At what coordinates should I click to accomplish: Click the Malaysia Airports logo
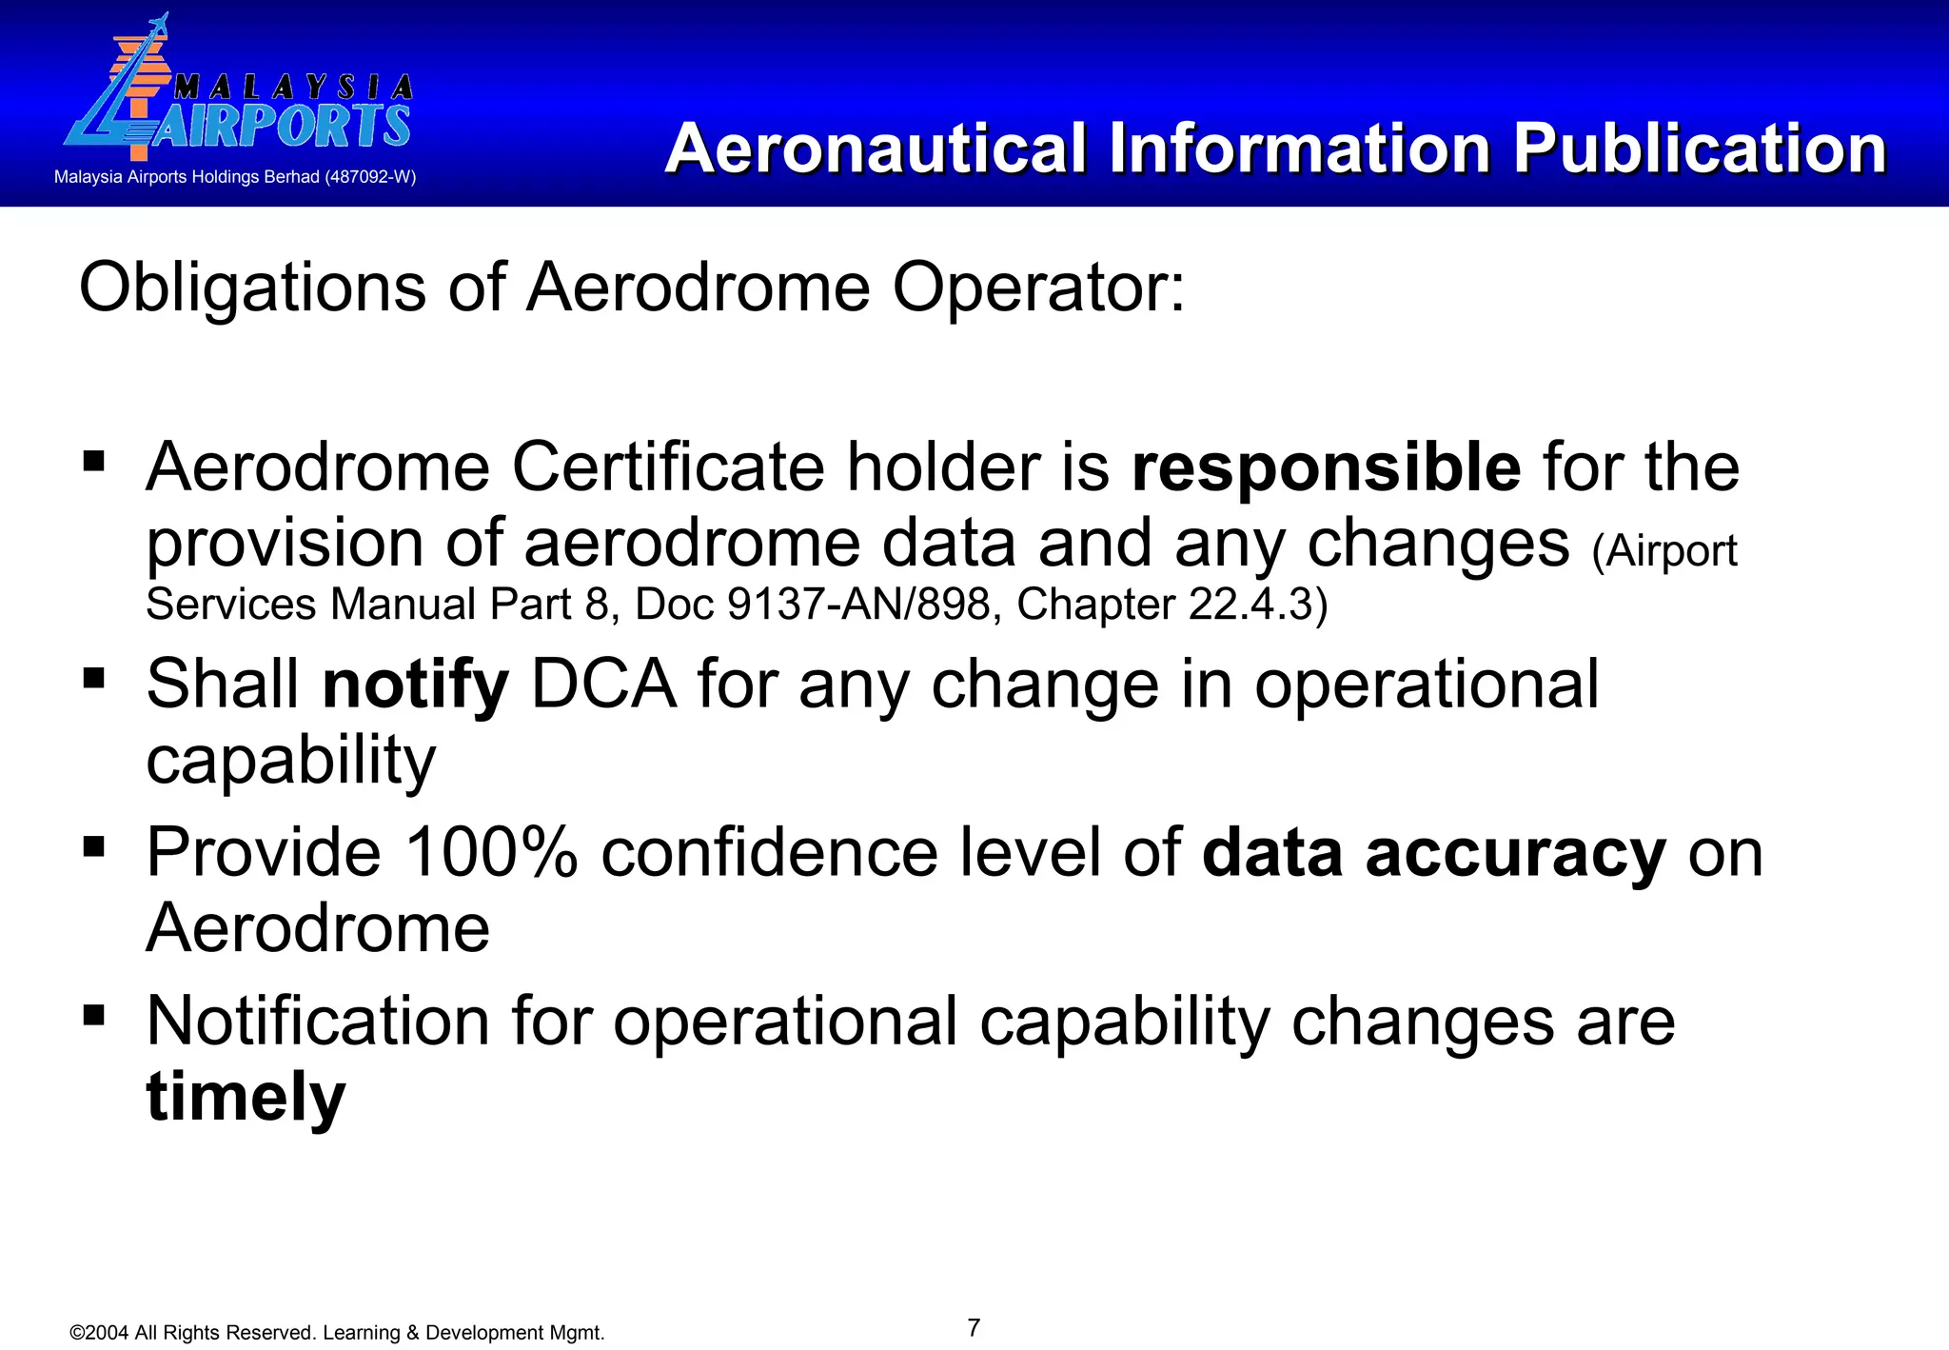point(238,95)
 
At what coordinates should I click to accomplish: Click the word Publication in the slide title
point(1699,149)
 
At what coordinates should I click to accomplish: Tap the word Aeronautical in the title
point(876,149)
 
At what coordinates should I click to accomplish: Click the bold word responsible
point(1326,467)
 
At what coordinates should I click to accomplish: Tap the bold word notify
point(416,685)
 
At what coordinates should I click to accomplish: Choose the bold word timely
point(246,1097)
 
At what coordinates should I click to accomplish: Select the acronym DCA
point(603,685)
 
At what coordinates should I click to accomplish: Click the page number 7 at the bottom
point(974,1327)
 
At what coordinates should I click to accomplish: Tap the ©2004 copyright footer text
point(337,1333)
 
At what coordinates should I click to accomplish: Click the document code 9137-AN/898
point(858,605)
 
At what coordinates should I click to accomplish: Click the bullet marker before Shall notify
point(93,678)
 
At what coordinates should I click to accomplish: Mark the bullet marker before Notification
point(93,1015)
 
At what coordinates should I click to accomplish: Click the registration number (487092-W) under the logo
point(370,177)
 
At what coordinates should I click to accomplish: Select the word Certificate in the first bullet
point(667,467)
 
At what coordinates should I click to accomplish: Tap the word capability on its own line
point(290,761)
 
